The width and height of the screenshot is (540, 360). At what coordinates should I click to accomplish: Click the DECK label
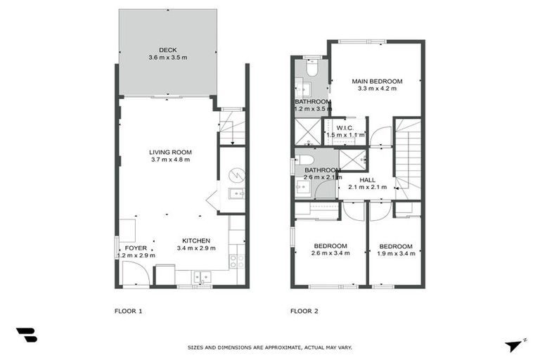point(167,49)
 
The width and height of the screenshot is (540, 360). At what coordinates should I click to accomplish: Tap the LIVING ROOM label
point(170,152)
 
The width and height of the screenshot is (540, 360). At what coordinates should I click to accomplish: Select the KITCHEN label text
point(196,240)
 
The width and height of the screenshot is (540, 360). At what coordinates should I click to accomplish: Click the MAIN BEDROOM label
point(377,82)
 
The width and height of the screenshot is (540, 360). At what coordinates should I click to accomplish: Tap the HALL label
point(367,180)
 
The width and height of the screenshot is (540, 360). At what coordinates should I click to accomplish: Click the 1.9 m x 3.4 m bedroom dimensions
point(395,253)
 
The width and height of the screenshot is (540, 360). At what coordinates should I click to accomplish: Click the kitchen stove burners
point(237,261)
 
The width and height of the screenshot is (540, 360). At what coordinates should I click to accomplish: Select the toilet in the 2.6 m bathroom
point(302,160)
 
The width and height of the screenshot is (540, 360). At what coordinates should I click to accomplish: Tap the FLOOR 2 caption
point(304,310)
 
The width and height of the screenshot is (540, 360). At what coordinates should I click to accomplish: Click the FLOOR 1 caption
point(128,310)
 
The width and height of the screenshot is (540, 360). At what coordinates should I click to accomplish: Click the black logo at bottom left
point(26,335)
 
